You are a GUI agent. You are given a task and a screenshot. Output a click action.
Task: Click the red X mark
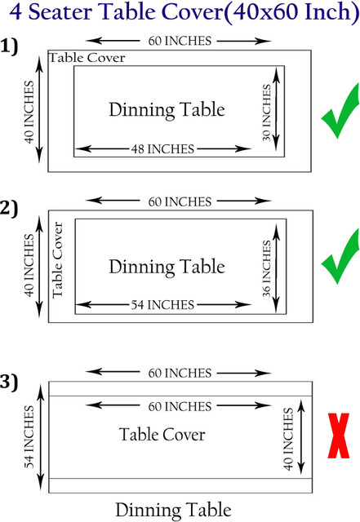[339, 436]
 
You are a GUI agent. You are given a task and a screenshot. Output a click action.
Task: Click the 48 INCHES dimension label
[162, 148]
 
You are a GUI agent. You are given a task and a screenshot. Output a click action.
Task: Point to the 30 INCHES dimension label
[266, 113]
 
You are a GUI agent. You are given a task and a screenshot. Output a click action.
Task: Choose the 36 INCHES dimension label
[266, 268]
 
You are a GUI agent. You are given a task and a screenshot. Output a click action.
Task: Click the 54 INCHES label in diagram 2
[162, 304]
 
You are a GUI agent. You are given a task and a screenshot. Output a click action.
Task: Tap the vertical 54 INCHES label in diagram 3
[29, 436]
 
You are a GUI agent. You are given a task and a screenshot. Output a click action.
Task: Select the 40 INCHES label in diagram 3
[288, 439]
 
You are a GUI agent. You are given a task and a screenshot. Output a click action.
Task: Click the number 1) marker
[9, 46]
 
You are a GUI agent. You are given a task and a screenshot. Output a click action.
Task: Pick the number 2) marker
[9, 209]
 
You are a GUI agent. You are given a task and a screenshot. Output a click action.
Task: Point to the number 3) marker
[9, 382]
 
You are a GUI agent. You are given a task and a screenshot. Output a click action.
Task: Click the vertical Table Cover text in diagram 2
[57, 260]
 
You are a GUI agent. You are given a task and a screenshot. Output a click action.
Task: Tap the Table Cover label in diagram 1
[87, 58]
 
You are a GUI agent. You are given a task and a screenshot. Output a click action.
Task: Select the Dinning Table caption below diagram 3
[173, 511]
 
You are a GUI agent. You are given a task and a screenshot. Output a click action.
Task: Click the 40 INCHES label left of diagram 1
[29, 112]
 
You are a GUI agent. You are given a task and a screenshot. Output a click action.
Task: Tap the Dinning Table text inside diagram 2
[167, 267]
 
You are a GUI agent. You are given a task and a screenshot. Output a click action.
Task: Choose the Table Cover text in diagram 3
[162, 435]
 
